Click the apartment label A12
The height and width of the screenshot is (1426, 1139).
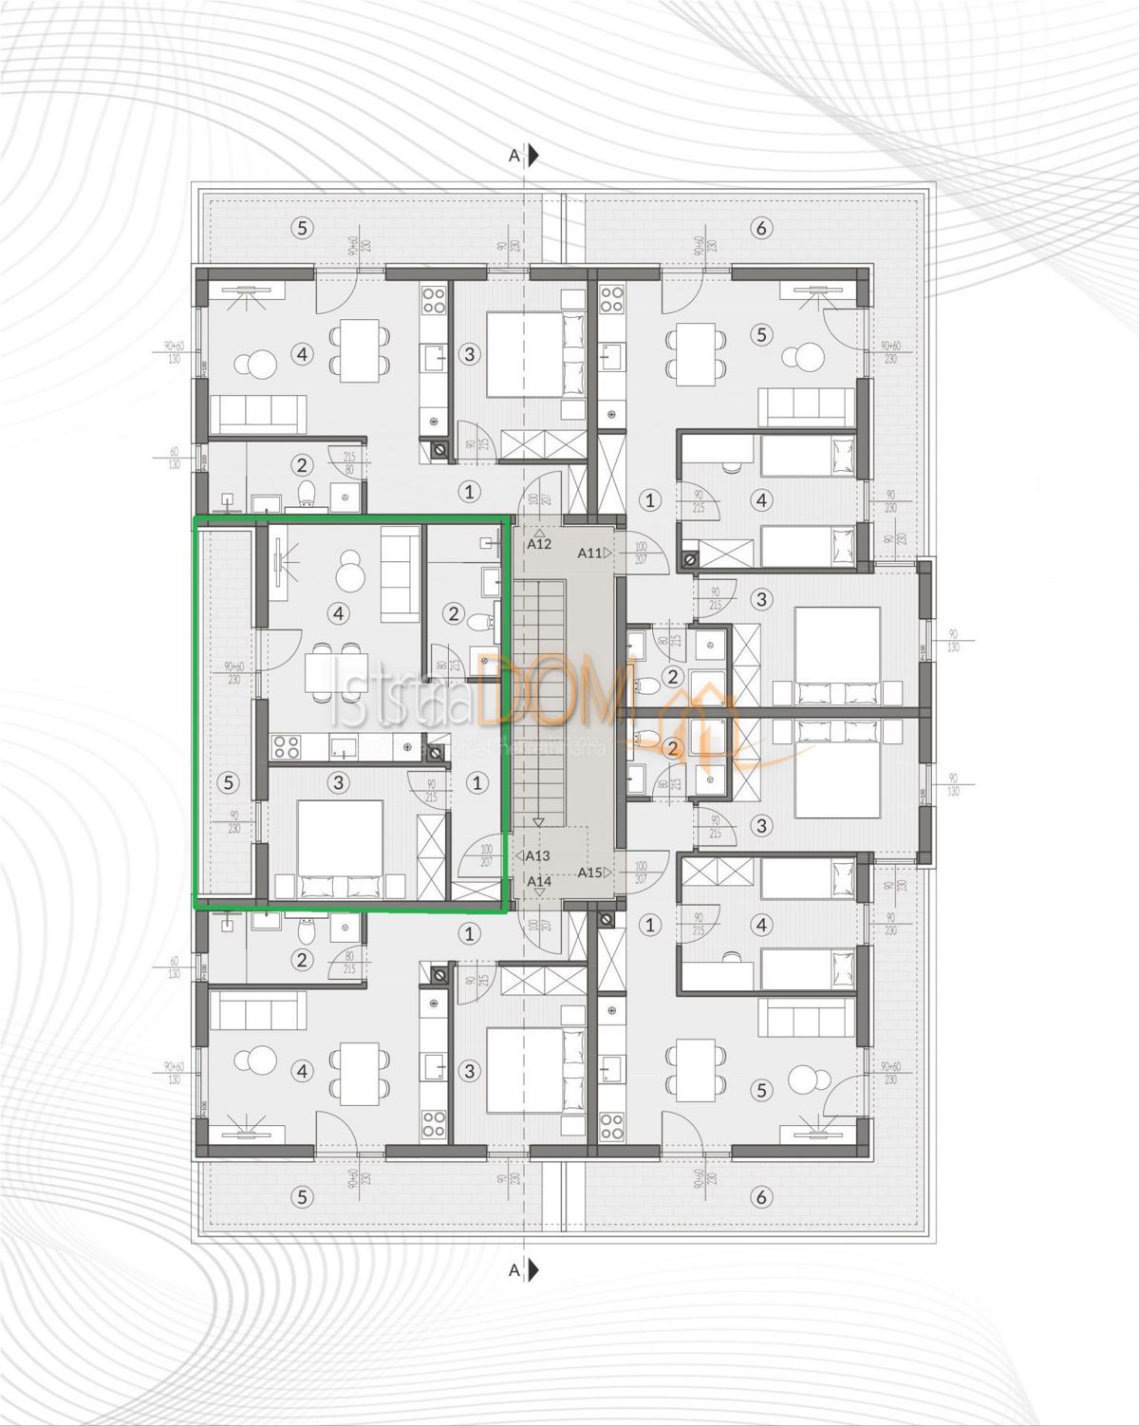[x=539, y=544]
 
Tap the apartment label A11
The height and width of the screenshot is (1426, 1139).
[x=590, y=553]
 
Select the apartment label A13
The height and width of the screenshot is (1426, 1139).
[x=537, y=855]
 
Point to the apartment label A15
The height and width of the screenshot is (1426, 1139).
[x=590, y=872]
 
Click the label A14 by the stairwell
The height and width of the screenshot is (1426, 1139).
[x=539, y=881]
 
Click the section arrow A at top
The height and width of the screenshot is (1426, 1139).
[x=524, y=156]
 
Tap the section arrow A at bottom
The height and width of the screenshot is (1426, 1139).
[x=524, y=1269]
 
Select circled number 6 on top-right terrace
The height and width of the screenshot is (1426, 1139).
[x=760, y=228]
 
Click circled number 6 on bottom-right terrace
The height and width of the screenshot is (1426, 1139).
[x=760, y=1197]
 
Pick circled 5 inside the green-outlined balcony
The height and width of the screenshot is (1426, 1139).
[x=227, y=782]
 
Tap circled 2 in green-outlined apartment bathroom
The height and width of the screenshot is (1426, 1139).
[x=454, y=614]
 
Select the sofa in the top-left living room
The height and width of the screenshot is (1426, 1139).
[x=258, y=414]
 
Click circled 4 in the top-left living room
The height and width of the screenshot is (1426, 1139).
[x=302, y=354]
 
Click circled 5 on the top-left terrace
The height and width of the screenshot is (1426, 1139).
[x=302, y=228]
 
